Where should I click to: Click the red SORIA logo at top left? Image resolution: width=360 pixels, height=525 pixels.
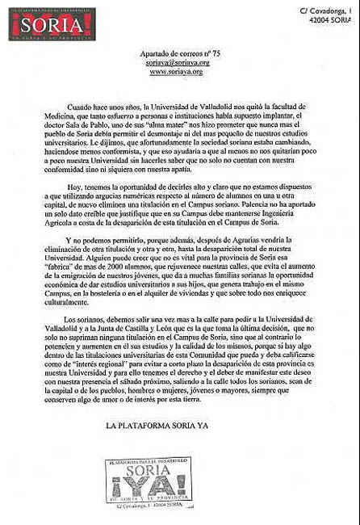pos(52,24)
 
